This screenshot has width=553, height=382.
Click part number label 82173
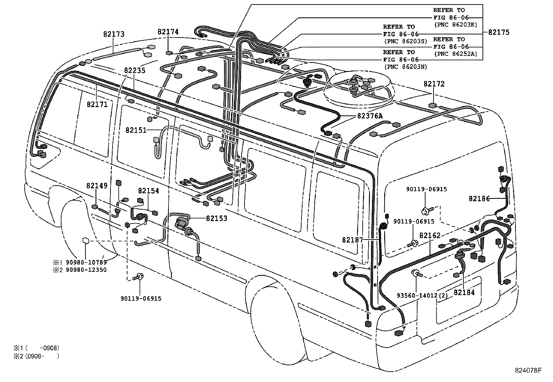tap(114, 34)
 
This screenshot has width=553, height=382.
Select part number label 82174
tap(168, 32)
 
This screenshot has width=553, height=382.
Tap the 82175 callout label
tap(498, 32)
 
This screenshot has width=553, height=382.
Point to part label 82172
tap(434, 84)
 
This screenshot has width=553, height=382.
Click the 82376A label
tap(370, 116)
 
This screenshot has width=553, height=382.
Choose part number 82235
tap(135, 70)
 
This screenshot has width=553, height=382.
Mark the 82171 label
tap(97, 104)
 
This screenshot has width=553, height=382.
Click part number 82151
tap(136, 130)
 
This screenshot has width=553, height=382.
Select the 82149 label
tap(97, 186)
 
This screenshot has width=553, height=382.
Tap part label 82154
tap(148, 191)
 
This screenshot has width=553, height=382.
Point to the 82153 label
tap(216, 218)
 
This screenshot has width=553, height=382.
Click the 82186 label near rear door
tap(479, 198)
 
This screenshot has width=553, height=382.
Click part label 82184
tap(464, 293)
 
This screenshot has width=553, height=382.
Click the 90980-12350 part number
tap(86, 270)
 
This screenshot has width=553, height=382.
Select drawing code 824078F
tap(528, 370)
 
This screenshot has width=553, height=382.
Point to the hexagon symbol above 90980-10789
tap(86, 241)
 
